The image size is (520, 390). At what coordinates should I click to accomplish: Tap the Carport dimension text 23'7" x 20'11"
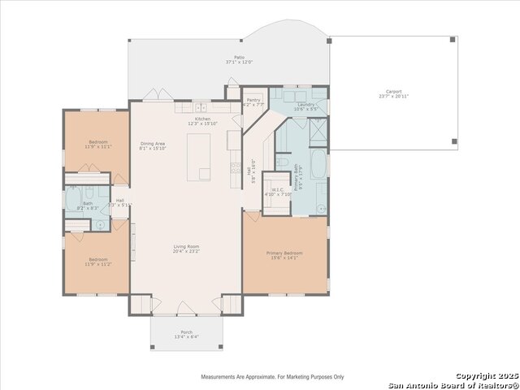tap(393, 97)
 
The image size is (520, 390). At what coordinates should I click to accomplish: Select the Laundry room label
tap(306, 105)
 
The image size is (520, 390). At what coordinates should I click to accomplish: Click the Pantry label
tap(253, 100)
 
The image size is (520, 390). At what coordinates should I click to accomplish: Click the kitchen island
tap(199, 157)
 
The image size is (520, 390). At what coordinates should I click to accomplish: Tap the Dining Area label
tap(153, 143)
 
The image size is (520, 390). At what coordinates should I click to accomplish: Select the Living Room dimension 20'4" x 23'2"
tap(185, 252)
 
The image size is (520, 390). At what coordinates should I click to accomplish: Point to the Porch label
tap(186, 332)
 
